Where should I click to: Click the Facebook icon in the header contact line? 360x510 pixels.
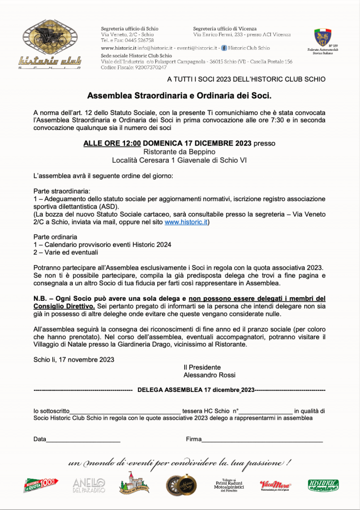(x=224, y=48)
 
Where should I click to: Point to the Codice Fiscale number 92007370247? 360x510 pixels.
(x=148, y=67)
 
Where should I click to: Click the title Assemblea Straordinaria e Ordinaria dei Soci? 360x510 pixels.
(x=179, y=95)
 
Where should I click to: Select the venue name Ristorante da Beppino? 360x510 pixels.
(x=179, y=151)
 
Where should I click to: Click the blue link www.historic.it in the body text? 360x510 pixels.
(x=186, y=222)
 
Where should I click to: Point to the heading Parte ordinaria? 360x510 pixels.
(x=55, y=237)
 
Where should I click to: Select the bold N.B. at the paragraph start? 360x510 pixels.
(x=42, y=298)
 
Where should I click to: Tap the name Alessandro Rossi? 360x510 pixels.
(x=209, y=375)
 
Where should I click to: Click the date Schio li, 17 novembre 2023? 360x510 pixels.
(x=74, y=360)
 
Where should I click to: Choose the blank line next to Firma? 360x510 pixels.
(x=262, y=440)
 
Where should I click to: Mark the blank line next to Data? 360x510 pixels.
(x=83, y=440)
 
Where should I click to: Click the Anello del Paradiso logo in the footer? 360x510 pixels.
(x=89, y=485)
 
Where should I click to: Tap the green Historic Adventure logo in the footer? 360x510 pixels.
(x=323, y=485)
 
